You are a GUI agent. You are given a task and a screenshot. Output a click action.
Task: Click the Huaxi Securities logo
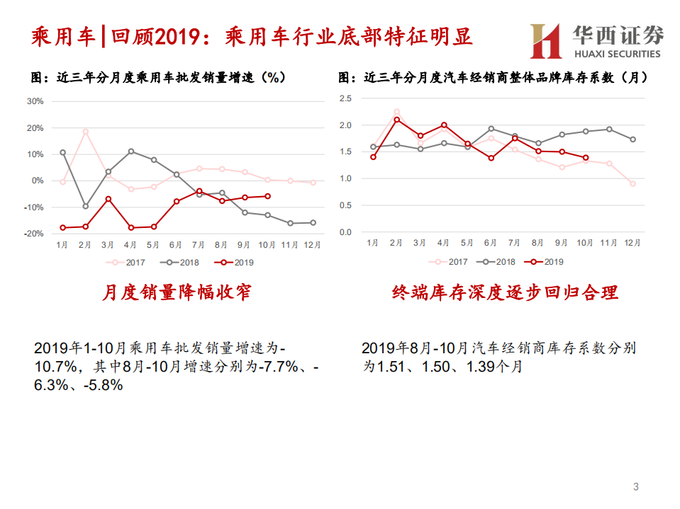[x=596, y=42]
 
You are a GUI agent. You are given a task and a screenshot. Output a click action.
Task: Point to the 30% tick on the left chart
[x=35, y=101]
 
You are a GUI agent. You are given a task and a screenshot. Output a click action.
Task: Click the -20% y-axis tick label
[x=34, y=234]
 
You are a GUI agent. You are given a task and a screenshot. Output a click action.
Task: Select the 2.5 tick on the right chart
[x=345, y=98]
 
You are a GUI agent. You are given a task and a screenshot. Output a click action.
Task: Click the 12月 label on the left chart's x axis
[x=312, y=245]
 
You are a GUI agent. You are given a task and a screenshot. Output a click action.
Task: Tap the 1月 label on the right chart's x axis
[x=373, y=243]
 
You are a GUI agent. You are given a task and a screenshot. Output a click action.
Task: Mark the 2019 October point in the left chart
[x=267, y=196]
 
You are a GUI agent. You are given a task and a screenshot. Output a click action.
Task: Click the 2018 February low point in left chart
[x=86, y=207]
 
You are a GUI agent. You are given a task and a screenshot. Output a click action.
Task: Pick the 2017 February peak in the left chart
[x=86, y=131]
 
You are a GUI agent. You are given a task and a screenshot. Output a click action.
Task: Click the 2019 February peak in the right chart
[x=396, y=120]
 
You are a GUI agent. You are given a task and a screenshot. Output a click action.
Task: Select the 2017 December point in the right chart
[x=632, y=184]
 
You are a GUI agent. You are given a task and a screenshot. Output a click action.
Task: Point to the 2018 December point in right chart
[x=632, y=139]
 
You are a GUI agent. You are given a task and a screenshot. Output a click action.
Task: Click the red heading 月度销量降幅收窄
[x=177, y=292]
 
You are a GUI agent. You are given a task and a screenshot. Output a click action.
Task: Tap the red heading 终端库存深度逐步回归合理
[x=505, y=292]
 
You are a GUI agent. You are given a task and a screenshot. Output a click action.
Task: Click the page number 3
[x=636, y=486]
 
